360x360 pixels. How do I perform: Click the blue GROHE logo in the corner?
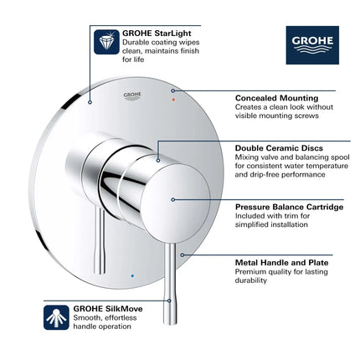(x=311, y=44)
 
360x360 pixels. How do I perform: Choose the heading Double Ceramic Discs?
(x=275, y=148)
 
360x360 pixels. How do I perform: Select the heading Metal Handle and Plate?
(x=276, y=261)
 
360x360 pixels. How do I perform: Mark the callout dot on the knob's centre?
(x=172, y=198)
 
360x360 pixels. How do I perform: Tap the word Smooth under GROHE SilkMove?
(x=136, y=316)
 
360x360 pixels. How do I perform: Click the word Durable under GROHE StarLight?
(x=136, y=41)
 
